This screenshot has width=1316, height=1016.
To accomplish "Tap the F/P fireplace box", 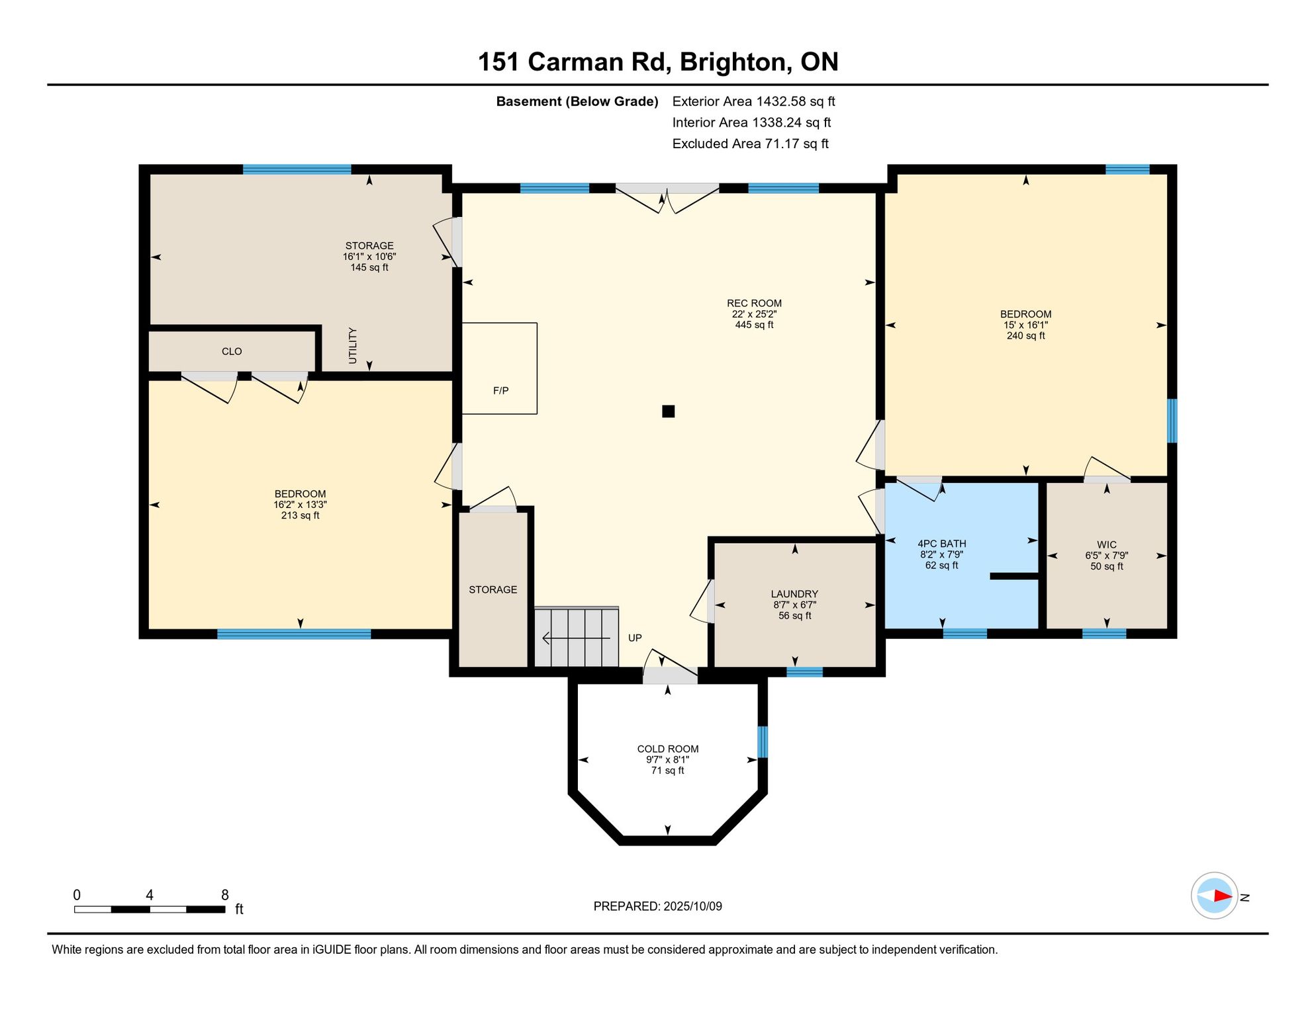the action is pyautogui.click(x=499, y=368).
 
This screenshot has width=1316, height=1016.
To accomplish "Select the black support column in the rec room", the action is pyautogui.click(x=669, y=411).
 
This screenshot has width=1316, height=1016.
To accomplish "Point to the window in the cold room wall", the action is pyautogui.click(x=763, y=741).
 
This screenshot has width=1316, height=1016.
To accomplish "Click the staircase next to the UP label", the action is pyautogui.click(x=577, y=637).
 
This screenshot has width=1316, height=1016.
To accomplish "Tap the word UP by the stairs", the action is pyautogui.click(x=635, y=638).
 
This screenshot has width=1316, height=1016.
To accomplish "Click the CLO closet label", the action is pyautogui.click(x=232, y=351).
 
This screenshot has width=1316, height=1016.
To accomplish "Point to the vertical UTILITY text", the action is pyautogui.click(x=353, y=345).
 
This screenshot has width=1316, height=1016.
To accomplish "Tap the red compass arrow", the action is pyautogui.click(x=1223, y=896).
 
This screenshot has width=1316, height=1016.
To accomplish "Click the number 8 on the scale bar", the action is pyautogui.click(x=225, y=895).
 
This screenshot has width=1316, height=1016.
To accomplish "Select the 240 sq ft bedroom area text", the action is pyautogui.click(x=1025, y=336).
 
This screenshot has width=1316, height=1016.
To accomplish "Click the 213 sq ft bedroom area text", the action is pyautogui.click(x=300, y=515).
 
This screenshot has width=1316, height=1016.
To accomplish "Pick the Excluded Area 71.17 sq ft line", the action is pyautogui.click(x=750, y=144).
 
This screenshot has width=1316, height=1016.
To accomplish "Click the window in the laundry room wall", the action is pyautogui.click(x=804, y=672).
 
